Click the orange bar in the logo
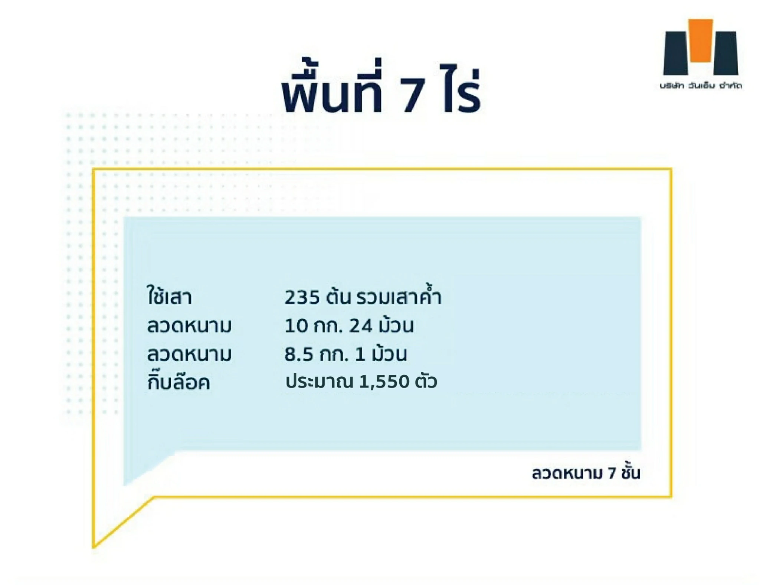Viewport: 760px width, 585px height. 700,40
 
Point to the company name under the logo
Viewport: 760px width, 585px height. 701,86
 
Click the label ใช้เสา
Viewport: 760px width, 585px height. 169,295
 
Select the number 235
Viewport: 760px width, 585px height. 302,297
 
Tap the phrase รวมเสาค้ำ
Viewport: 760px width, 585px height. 399,295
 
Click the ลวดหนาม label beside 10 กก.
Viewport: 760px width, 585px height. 189,326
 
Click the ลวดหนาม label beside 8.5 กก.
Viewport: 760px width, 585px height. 189,354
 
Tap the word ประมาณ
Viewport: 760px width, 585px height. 319,382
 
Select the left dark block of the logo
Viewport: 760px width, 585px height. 675,53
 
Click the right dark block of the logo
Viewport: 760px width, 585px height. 726,53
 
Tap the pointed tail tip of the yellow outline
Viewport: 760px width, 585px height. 94,547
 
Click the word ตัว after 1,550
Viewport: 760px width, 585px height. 426,381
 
